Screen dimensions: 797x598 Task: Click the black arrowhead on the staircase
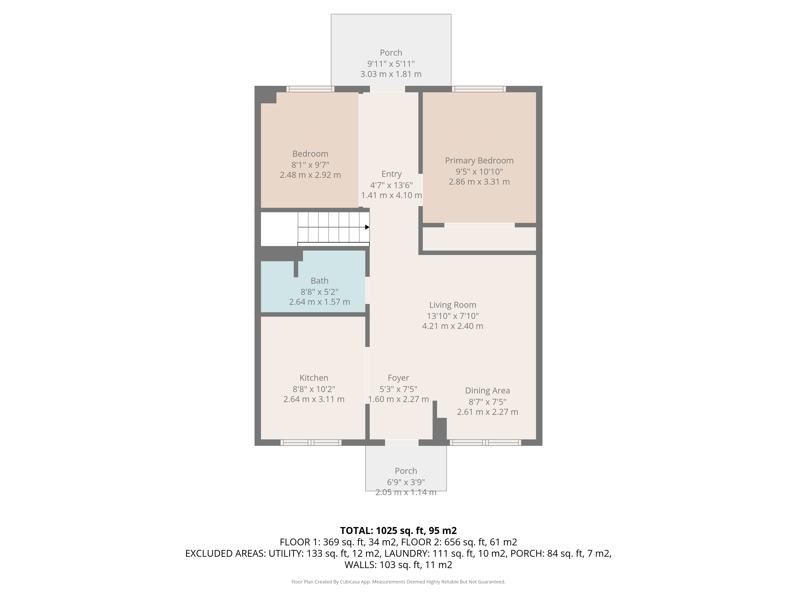coord(367,227)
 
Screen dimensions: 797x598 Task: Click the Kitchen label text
coord(314,378)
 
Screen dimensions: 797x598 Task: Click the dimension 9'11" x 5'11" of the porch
coord(391,64)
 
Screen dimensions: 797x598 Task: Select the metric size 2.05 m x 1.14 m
coord(406,492)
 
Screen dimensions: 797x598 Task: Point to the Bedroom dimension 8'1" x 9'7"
coord(310,165)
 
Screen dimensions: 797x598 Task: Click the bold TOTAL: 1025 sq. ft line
coord(398,531)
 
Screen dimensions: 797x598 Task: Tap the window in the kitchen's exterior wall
coord(311,443)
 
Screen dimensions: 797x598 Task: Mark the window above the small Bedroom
coord(310,89)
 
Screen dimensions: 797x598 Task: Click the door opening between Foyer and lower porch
coord(402,443)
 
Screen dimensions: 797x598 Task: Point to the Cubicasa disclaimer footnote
coord(398,582)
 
